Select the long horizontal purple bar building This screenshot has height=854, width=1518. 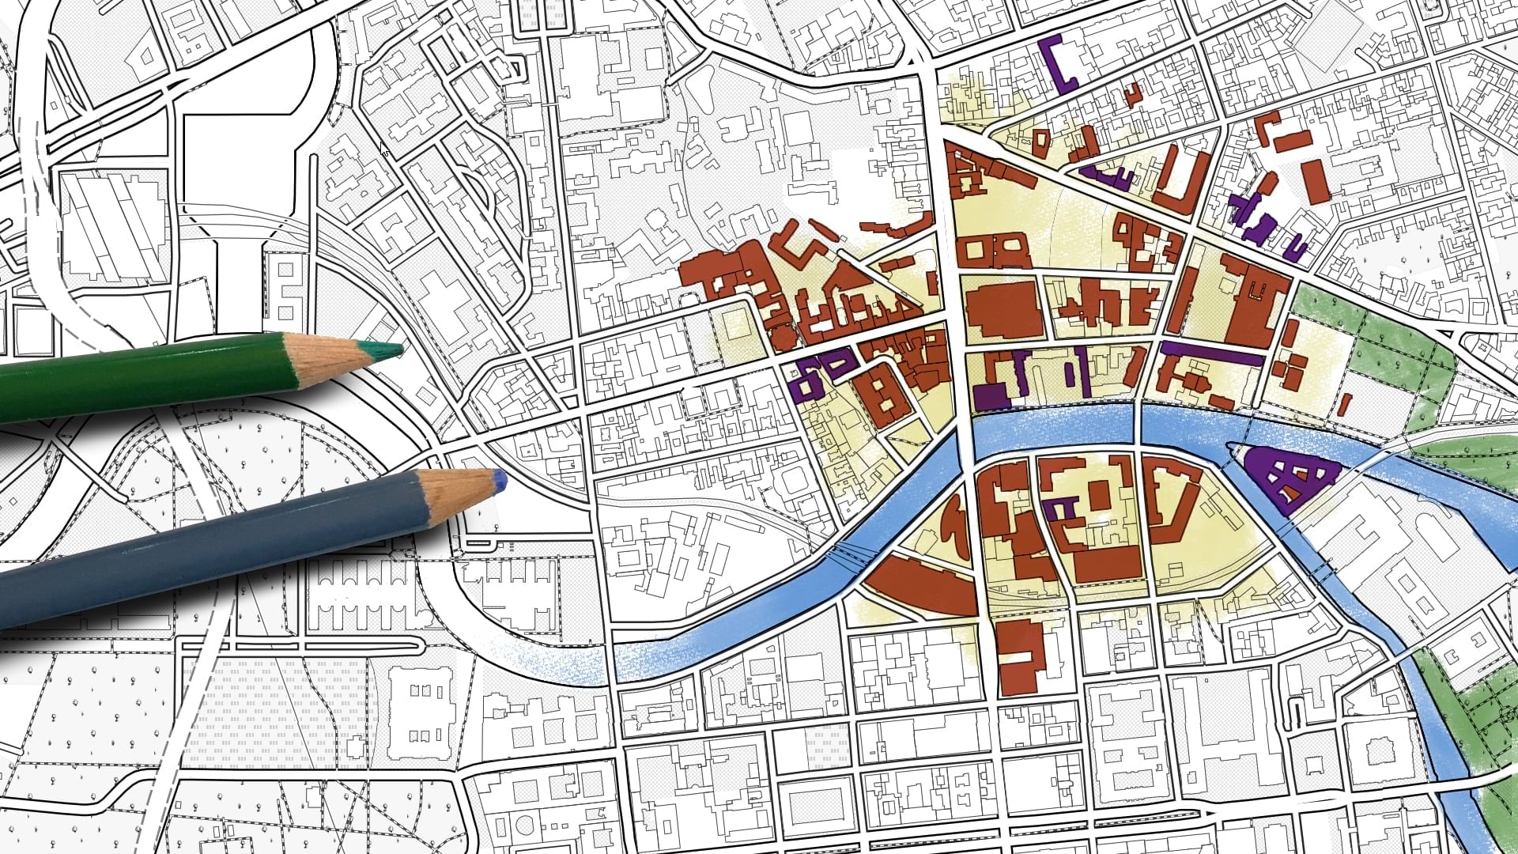pyautogui.click(x=1210, y=353)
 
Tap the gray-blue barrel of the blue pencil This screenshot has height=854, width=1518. pyautogui.click(x=198, y=554)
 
